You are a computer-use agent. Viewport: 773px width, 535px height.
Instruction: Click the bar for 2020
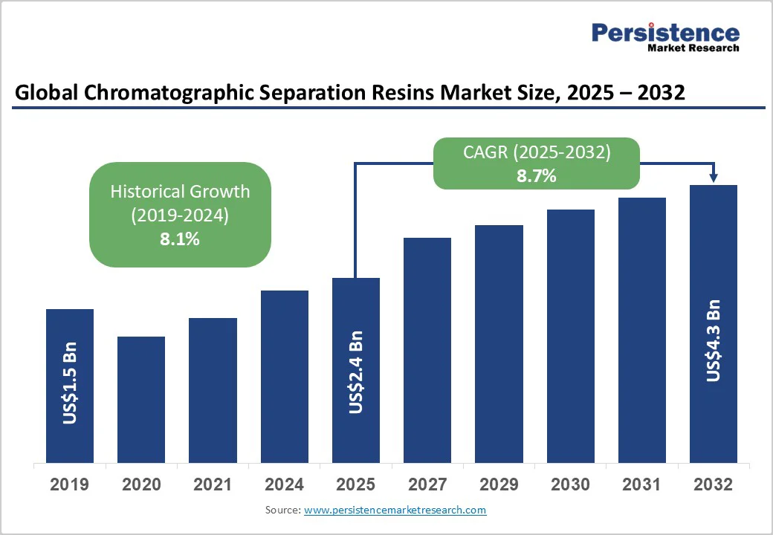coord(141,399)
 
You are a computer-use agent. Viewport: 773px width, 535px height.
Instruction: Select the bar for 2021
coord(213,390)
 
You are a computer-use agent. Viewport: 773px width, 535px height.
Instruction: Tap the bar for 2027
coord(427,349)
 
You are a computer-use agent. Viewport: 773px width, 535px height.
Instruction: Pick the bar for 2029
coord(499,343)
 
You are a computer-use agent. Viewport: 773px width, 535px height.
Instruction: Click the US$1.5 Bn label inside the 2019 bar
coord(70,383)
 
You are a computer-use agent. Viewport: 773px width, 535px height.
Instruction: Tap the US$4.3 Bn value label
coord(714,340)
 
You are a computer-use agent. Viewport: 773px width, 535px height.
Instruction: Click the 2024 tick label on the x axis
coord(284,485)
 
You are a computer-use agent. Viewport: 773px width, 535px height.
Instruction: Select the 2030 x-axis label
coord(570,485)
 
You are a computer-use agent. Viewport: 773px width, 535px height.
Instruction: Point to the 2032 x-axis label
coord(714,485)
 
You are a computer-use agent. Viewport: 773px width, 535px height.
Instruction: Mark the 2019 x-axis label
coord(70,485)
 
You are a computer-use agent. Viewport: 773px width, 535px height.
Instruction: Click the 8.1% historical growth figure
coord(180,239)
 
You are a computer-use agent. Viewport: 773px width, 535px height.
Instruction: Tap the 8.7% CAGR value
coord(537,176)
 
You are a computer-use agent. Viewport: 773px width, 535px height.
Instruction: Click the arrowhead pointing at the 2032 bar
coord(714,178)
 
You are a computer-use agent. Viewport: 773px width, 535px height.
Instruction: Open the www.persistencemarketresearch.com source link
coord(395,510)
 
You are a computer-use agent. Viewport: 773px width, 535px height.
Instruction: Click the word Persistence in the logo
coord(665,33)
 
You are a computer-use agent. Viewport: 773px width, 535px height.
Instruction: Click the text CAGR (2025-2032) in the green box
coord(537,153)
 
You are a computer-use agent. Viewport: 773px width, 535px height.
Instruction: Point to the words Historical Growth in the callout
coord(180,191)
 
